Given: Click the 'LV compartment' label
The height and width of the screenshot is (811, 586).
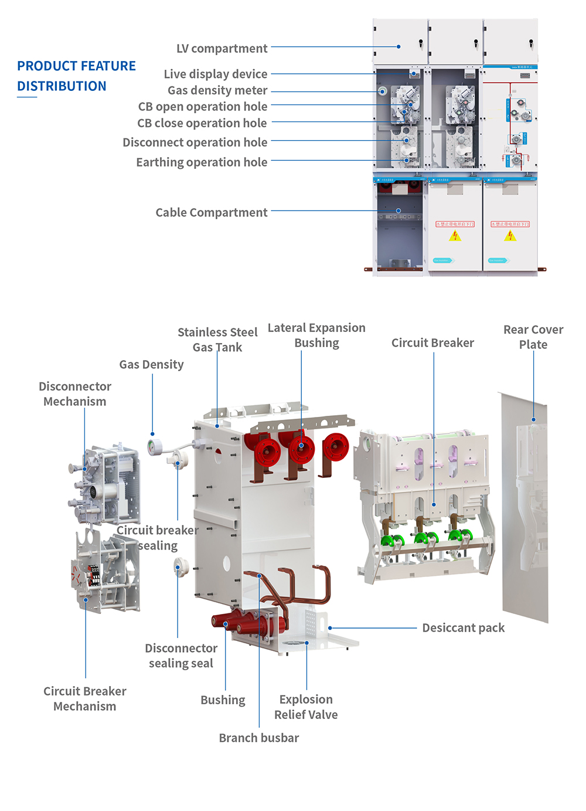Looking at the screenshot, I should point(222,49).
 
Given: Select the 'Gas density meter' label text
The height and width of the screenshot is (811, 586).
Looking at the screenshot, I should point(217,90).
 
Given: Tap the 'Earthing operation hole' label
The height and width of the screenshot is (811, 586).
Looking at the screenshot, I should point(202,162).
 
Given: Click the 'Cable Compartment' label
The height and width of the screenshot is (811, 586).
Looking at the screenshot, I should point(211,213).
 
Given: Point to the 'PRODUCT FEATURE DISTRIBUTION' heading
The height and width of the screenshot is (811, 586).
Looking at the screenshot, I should point(76,76).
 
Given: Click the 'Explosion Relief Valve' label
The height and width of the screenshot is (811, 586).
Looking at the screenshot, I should point(306,707).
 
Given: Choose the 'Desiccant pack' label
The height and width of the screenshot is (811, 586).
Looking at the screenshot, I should point(463,628).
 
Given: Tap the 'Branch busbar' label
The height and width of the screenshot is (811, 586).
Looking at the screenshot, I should point(258,738).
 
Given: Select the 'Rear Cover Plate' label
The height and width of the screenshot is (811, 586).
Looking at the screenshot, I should point(533,337).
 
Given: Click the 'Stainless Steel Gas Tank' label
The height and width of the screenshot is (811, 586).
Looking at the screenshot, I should point(217,340).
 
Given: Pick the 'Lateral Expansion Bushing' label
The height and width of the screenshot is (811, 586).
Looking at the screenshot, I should point(316,335).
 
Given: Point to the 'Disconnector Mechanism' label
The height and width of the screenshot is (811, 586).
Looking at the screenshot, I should point(75,394).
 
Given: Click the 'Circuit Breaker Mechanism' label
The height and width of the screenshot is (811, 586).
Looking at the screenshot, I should point(85,698).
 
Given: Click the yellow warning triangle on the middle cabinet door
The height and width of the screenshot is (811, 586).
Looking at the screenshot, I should point(455,236).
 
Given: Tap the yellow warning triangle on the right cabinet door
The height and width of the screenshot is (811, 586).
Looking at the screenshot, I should point(510,236).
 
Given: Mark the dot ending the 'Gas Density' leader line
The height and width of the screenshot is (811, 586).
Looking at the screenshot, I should point(152,434).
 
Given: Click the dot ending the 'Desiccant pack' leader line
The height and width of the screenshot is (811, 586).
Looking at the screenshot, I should point(330,628).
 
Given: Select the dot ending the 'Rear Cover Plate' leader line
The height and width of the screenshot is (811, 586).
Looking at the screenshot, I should point(533,419).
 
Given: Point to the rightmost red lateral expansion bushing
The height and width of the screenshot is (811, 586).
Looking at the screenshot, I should point(336,447).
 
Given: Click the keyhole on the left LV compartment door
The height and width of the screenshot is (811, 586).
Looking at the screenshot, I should point(420,43).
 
